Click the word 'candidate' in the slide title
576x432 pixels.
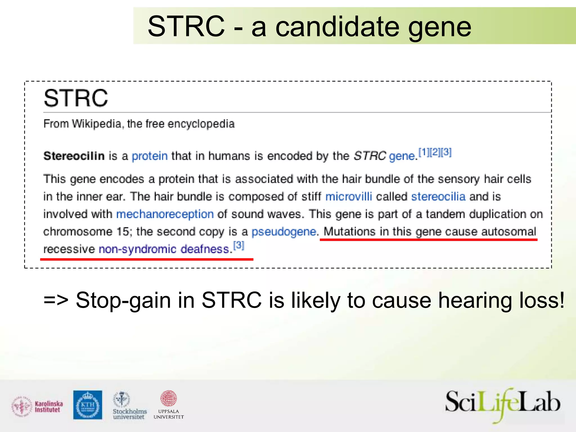click(337, 26)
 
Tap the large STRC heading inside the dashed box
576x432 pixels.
click(76, 98)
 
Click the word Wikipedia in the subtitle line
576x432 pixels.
click(96, 124)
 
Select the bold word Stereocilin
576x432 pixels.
click(74, 156)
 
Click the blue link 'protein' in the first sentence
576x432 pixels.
click(150, 156)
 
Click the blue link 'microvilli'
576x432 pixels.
click(348, 196)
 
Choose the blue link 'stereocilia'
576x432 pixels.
click(438, 196)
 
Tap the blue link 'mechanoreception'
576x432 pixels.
click(165, 214)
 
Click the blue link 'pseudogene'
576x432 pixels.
click(284, 231)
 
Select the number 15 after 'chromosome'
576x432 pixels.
click(123, 231)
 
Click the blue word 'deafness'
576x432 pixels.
click(205, 249)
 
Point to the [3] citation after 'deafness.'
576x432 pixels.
click(239, 245)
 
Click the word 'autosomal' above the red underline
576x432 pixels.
click(508, 231)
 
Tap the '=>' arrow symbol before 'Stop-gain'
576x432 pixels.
click(56, 300)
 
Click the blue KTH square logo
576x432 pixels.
click(88, 405)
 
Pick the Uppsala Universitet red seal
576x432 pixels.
click(168, 398)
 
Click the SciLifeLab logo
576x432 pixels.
click(503, 404)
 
